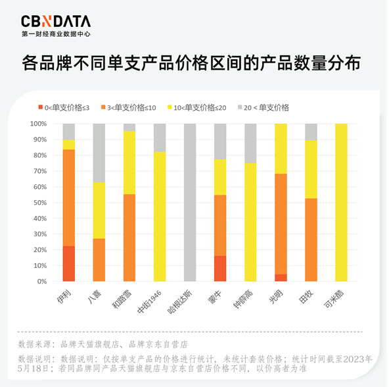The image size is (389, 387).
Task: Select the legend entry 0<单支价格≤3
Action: (x=67, y=107)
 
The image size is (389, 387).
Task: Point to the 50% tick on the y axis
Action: (x=37, y=203)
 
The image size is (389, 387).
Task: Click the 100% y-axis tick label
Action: (x=35, y=124)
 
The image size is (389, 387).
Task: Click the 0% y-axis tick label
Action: (x=39, y=282)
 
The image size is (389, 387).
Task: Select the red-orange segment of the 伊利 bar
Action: (x=68, y=264)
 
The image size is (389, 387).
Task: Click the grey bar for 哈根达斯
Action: (x=190, y=203)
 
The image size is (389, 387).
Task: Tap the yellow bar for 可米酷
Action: (x=341, y=203)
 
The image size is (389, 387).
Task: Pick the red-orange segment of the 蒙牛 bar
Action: (x=220, y=269)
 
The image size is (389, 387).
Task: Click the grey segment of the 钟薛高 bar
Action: (x=250, y=143)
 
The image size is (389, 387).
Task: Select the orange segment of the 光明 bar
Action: (x=281, y=224)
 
